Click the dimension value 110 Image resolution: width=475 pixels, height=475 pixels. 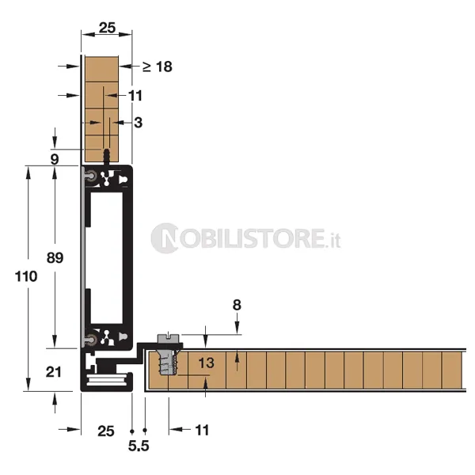26,276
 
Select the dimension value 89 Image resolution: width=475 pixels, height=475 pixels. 55,258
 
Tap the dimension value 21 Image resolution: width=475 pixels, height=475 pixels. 54,372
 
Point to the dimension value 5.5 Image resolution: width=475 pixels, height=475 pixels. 139,446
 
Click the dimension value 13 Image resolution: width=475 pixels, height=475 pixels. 207,363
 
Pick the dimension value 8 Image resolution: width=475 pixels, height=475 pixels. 237,305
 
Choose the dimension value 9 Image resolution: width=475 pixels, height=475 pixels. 55,159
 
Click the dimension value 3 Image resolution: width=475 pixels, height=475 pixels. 138,123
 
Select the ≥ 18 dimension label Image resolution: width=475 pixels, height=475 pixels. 158,66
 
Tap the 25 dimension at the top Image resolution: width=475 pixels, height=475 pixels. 107,28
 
